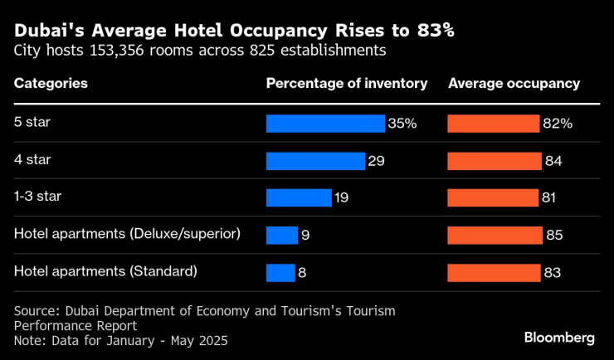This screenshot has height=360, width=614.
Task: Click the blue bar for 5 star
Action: [325, 124]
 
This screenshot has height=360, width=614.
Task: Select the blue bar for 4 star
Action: [315, 161]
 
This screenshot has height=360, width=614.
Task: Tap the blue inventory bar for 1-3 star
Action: [299, 197]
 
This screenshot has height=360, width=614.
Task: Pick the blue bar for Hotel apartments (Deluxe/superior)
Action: [281, 235]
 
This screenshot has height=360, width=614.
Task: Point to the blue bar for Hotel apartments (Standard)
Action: [280, 272]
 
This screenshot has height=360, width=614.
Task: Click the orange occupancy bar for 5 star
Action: [494, 124]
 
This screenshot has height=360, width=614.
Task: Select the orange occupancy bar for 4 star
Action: [495, 161]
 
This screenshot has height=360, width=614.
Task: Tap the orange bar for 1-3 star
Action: [493, 197]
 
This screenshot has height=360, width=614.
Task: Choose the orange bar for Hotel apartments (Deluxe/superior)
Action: [495, 235]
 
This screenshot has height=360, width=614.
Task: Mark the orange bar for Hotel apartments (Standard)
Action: [495, 272]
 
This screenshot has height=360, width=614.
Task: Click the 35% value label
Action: [402, 124]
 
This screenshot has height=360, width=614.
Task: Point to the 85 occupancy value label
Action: [554, 235]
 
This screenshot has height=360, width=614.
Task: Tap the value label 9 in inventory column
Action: [305, 235]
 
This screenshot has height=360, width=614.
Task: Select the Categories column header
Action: [51, 84]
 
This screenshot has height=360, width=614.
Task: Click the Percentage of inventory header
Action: [346, 84]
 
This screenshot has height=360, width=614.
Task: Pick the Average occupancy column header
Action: [514, 84]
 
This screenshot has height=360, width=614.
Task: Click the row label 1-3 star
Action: [37, 197]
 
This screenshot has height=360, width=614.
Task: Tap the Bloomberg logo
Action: [559, 338]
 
